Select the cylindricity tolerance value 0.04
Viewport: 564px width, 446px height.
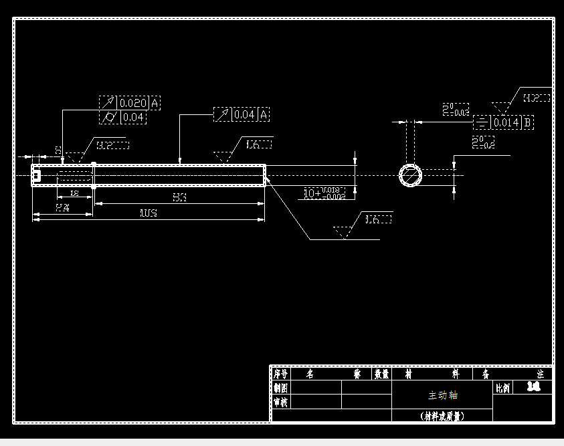[x=133, y=117]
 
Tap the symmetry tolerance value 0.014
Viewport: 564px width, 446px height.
[x=506, y=122]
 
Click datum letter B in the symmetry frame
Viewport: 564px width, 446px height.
[x=527, y=122]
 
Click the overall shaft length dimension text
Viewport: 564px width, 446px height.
[x=148, y=213]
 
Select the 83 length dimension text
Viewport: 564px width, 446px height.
[x=179, y=197]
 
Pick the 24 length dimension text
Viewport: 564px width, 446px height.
[x=62, y=208]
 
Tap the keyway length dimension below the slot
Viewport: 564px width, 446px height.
[x=74, y=193]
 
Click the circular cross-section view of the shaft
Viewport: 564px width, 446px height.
[x=411, y=175]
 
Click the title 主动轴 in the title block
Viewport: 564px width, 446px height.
[x=442, y=395]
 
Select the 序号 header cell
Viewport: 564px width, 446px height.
[x=280, y=374]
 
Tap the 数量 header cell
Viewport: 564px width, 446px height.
[x=381, y=374]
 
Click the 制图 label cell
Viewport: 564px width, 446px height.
[x=280, y=388]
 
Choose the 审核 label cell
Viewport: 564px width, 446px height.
[x=280, y=402]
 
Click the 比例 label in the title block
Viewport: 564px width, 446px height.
[x=502, y=388]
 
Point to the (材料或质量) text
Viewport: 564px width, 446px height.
[x=442, y=415]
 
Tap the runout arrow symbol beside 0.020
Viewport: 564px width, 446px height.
[x=108, y=103]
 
